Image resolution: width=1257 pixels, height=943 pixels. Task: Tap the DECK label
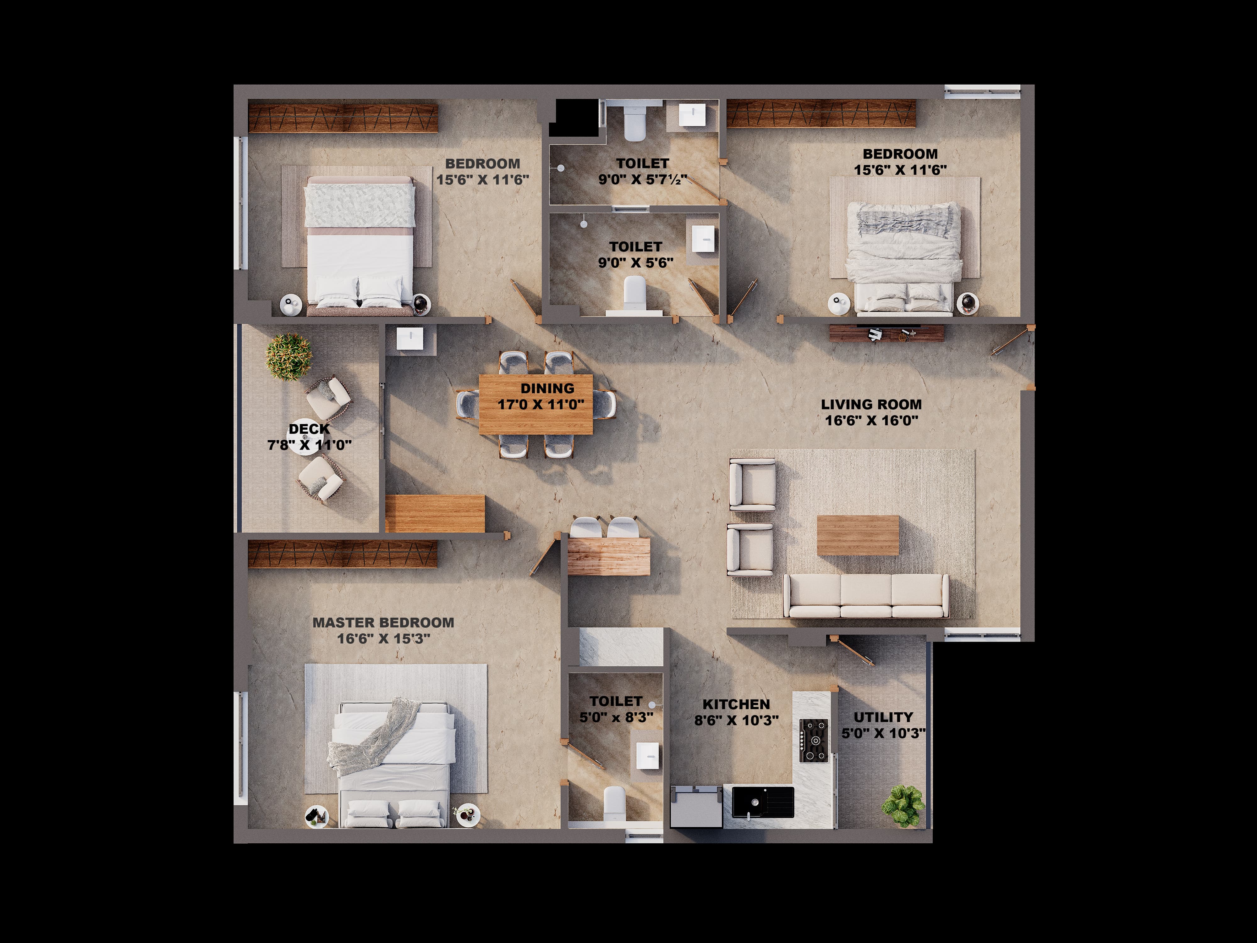[x=309, y=429]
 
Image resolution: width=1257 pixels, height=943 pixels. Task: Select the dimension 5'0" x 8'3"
[x=616, y=717]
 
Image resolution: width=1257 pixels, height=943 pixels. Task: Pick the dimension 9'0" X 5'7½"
[x=643, y=179]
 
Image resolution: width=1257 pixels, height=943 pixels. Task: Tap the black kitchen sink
[x=763, y=802]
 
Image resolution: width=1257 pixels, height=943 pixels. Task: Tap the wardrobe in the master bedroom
[x=343, y=554]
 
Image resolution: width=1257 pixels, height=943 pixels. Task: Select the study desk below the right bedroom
[x=886, y=334]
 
